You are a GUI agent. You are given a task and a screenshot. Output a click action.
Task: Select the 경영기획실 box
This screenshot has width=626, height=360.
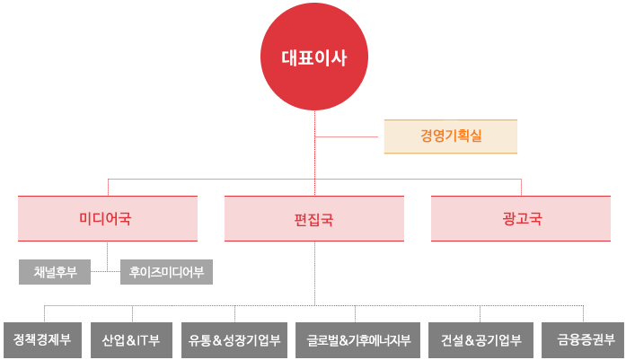coord(450,136)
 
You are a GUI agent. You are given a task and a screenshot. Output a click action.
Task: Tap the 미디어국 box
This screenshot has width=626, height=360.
coord(108,218)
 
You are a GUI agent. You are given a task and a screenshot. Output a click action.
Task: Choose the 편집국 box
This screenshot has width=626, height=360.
coord(314,218)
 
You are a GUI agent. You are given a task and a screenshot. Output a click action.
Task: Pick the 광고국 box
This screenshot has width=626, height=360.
coord(522,218)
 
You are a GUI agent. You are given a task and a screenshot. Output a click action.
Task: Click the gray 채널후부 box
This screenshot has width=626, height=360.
coord(55,271)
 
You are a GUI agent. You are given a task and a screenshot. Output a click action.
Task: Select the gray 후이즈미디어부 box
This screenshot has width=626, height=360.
coord(166,271)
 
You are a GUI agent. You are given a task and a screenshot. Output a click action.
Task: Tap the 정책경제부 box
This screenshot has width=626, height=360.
coord(41,340)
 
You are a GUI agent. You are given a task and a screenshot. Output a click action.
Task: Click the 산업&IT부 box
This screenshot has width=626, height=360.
coord(131,340)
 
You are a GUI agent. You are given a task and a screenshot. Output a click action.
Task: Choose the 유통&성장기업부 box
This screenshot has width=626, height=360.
coord(234,340)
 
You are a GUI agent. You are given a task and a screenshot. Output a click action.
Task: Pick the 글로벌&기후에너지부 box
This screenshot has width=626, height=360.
coord(357,340)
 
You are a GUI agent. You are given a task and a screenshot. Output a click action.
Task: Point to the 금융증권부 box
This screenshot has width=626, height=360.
coord(586,340)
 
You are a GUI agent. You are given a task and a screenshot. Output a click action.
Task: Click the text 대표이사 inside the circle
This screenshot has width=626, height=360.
coord(314,59)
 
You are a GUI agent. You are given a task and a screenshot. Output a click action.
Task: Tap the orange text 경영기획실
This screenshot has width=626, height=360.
coord(450,136)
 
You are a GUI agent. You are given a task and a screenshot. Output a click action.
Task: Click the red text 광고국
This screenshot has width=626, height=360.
coord(522,218)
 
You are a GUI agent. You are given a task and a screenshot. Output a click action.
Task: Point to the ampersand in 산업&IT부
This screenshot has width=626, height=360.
coord(129,341)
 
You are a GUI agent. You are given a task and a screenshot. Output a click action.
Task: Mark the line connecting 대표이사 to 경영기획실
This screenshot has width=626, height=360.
coord(350,136)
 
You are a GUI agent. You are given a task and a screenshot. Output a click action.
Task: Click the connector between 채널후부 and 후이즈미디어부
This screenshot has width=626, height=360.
coord(105,271)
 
